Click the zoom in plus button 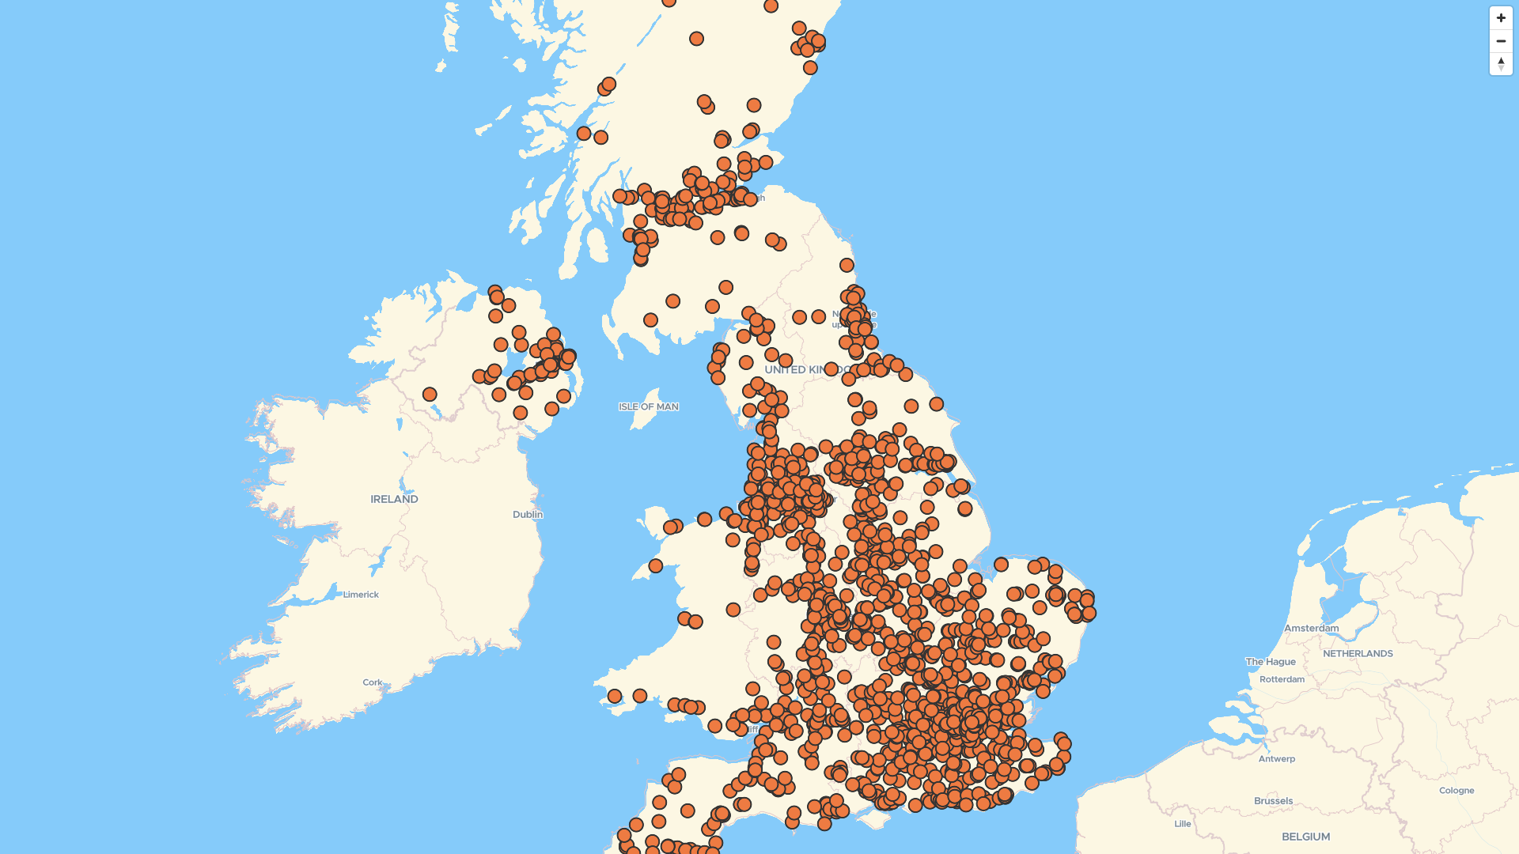[x=1501, y=18]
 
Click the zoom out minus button [x=1501, y=41]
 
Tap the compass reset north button [x=1501, y=63]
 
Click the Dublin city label [x=528, y=515]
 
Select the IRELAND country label [x=394, y=500]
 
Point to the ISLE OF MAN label [x=649, y=407]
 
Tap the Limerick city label [x=361, y=595]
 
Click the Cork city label [x=373, y=682]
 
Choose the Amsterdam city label [x=1311, y=629]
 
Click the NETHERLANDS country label [x=1358, y=654]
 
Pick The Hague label [x=1271, y=662]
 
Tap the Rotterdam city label [x=1282, y=680]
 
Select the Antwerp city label [x=1277, y=759]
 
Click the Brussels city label [x=1273, y=801]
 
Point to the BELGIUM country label [x=1305, y=837]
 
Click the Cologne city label [x=1456, y=791]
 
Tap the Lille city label [x=1183, y=824]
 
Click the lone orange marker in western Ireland [x=430, y=394]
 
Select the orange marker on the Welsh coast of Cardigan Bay [x=655, y=566]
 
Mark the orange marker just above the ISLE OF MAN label [x=650, y=320]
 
